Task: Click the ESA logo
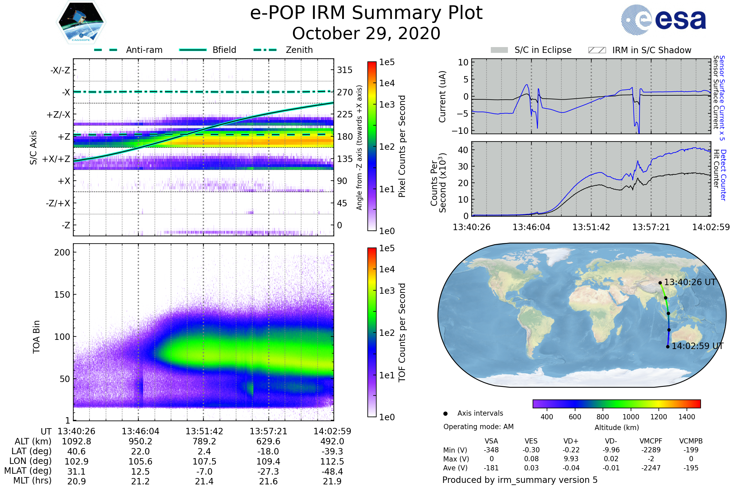[663, 20]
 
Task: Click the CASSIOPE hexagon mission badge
[81, 22]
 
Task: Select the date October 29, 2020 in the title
[366, 33]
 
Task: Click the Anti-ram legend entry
[144, 50]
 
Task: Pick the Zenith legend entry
[299, 50]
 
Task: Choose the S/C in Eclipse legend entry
[543, 50]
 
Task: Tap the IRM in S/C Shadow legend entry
[651, 50]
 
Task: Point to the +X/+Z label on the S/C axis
[56, 159]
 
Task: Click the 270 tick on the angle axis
[345, 92]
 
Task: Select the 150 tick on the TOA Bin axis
[62, 295]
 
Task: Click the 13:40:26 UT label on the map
[690, 282]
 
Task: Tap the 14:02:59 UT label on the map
[697, 346]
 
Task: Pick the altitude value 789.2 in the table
[204, 442]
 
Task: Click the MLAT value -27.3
[268, 472]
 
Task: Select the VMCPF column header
[651, 441]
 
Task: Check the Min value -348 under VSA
[491, 450]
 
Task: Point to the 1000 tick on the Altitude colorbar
[631, 417]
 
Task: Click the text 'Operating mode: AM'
[478, 427]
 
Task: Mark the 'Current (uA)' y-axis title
[442, 97]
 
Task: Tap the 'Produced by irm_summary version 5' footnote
[520, 480]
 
